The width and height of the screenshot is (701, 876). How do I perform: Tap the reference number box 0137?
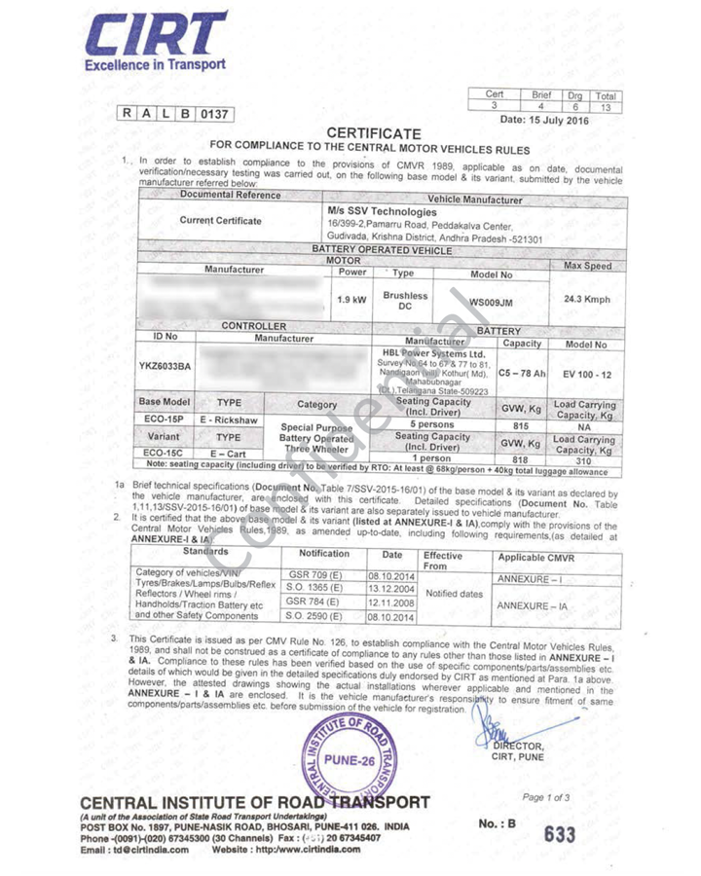[x=214, y=114]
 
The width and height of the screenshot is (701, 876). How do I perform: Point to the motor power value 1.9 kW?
[x=350, y=301]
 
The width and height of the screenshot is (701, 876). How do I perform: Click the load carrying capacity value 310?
[x=584, y=461]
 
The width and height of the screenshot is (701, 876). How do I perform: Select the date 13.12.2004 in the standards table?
[x=391, y=588]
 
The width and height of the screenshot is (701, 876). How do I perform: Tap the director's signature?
[x=498, y=725]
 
